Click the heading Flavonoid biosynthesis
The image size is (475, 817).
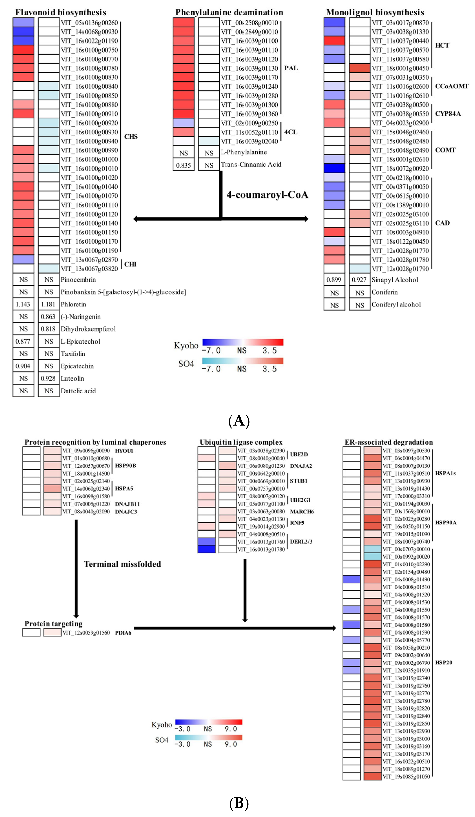click(x=61, y=12)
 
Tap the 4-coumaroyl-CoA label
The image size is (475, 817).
click(x=267, y=195)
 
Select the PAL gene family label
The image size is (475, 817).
click(x=291, y=68)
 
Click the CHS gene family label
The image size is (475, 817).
click(x=131, y=136)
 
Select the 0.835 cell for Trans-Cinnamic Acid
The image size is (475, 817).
click(x=183, y=165)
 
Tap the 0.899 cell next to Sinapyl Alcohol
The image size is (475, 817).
click(x=334, y=280)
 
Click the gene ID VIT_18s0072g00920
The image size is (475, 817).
click(x=400, y=169)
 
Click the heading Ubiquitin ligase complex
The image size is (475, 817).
click(x=241, y=442)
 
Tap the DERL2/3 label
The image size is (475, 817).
click(x=301, y=541)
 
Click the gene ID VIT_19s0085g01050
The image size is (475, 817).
click(x=406, y=776)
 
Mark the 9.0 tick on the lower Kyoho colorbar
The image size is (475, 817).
click(x=231, y=729)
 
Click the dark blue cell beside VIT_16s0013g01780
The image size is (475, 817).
click(x=206, y=549)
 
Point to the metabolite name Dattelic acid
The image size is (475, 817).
click(x=78, y=391)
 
